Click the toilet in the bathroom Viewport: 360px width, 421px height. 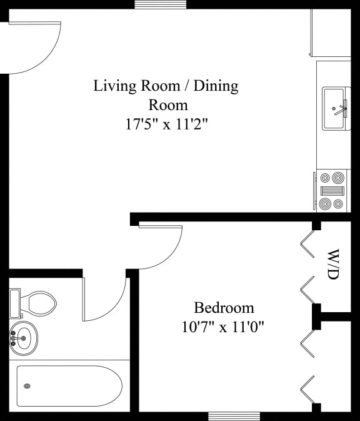39,304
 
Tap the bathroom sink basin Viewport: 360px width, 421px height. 24,338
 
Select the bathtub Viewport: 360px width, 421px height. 69,386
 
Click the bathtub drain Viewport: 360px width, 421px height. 27,386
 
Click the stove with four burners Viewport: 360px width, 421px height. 332,191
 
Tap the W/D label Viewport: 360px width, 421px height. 333,265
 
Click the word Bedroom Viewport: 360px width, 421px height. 224,308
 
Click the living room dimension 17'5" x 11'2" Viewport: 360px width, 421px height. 166,124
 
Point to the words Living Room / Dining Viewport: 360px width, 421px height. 166,86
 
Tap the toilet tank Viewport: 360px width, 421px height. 15,303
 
